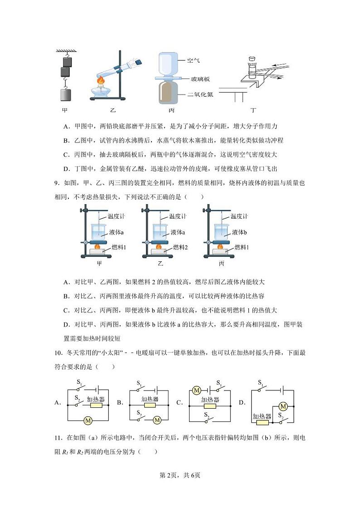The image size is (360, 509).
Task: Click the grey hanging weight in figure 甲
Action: tap(66, 95)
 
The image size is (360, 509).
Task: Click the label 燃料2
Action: tap(180, 247)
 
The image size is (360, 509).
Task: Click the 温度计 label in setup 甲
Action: tap(116, 216)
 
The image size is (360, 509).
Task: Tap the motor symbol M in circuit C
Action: tap(197, 390)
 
